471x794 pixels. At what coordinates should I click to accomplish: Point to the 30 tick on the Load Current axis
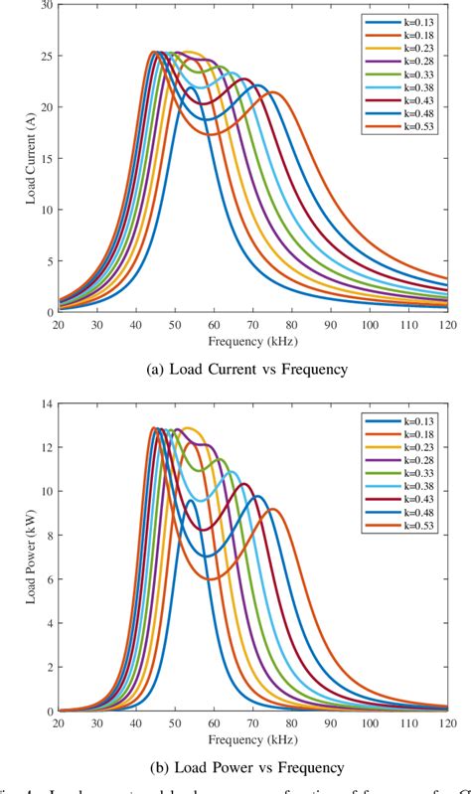coord(43,6)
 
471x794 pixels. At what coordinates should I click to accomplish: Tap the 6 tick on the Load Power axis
coord(43,580)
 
